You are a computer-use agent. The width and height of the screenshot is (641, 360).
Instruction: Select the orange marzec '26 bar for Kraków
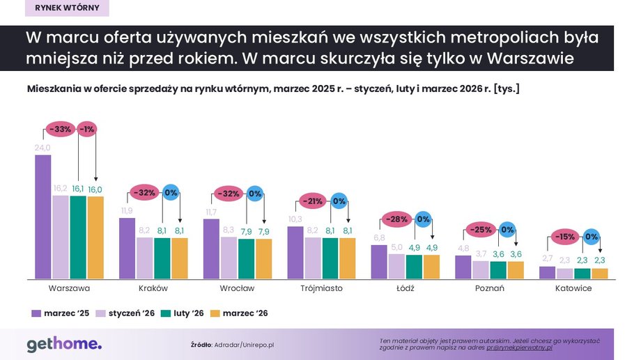(180, 258)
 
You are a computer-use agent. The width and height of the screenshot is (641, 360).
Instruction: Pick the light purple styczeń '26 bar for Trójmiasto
(314, 258)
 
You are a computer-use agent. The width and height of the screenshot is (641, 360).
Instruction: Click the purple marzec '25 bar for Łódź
(379, 261)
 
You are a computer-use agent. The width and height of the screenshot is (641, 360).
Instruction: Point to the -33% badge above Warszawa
(61, 129)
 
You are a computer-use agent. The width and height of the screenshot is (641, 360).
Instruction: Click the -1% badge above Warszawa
(87, 129)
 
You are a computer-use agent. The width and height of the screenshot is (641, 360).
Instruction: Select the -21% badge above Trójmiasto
(314, 202)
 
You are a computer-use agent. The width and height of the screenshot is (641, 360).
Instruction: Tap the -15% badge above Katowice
(565, 237)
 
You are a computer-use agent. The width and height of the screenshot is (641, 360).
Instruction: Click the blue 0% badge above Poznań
(507, 229)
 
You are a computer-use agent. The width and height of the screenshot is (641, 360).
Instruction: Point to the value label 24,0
(43, 148)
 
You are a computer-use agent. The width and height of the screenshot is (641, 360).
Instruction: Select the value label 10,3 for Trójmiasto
(295, 219)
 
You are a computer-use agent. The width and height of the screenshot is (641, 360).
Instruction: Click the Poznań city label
(489, 288)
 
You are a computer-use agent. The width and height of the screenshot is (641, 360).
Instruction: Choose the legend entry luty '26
(183, 313)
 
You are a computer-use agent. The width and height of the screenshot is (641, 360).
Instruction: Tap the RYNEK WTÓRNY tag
(66, 8)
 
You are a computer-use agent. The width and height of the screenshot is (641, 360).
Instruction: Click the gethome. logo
(64, 343)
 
